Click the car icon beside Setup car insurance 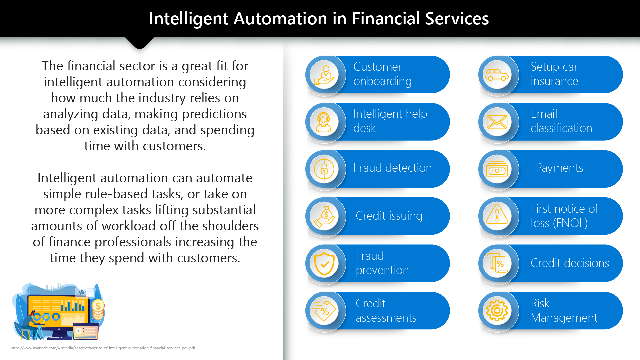(x=497, y=75)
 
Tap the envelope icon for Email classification (x=497, y=122)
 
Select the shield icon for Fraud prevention (x=324, y=264)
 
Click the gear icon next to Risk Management (x=497, y=311)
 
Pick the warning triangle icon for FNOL (x=497, y=214)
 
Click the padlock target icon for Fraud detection (x=324, y=169)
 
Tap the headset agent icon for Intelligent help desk (x=324, y=122)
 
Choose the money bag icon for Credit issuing (x=324, y=217)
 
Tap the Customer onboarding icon (x=324, y=75)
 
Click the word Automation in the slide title (x=280, y=19)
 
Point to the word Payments (x=559, y=168)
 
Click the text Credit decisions (x=570, y=263)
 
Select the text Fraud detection (x=393, y=168)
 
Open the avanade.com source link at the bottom (x=103, y=348)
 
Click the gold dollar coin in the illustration (x=98, y=305)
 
